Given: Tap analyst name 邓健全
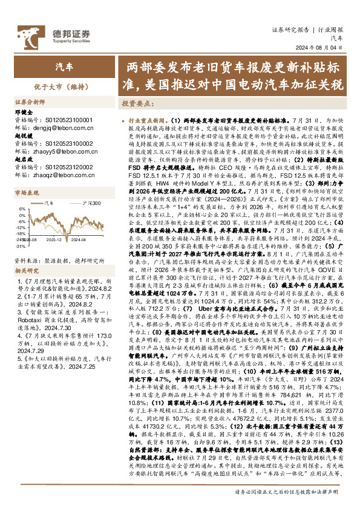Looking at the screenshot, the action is tap(23, 113).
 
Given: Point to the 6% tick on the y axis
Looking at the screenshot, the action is tap(22, 209).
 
